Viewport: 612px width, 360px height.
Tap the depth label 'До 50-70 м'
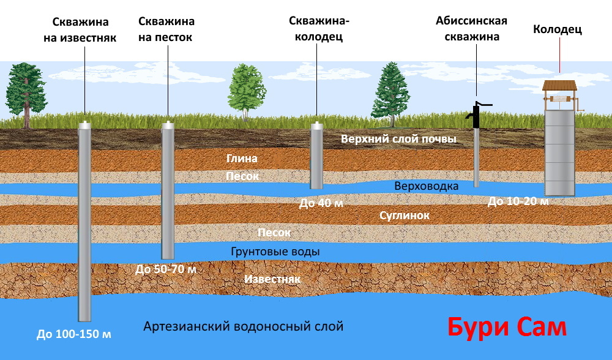click(166, 269)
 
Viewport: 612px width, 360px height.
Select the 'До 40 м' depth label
click(321, 203)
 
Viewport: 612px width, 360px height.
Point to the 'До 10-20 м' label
click(518, 201)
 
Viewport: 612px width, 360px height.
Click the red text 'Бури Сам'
click(507, 328)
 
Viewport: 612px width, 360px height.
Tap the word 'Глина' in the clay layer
click(242, 158)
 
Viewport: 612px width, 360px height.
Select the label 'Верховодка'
click(426, 186)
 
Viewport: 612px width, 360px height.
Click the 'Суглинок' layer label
click(405, 216)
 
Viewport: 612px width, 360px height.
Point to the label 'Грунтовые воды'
click(275, 251)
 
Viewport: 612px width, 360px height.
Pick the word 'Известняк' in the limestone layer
click(272, 279)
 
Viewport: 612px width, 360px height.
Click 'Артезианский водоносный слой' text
click(243, 326)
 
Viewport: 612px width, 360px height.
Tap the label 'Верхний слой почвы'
click(398, 139)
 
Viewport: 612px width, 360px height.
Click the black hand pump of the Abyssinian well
click(476, 113)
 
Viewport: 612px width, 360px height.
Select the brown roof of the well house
click(559, 86)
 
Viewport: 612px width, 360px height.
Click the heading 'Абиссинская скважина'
click(471, 29)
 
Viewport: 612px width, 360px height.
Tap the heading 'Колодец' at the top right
click(558, 29)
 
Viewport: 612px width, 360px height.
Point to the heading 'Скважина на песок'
click(166, 29)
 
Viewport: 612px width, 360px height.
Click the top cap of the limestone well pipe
click(84, 124)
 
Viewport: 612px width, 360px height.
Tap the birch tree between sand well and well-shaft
click(246, 92)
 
